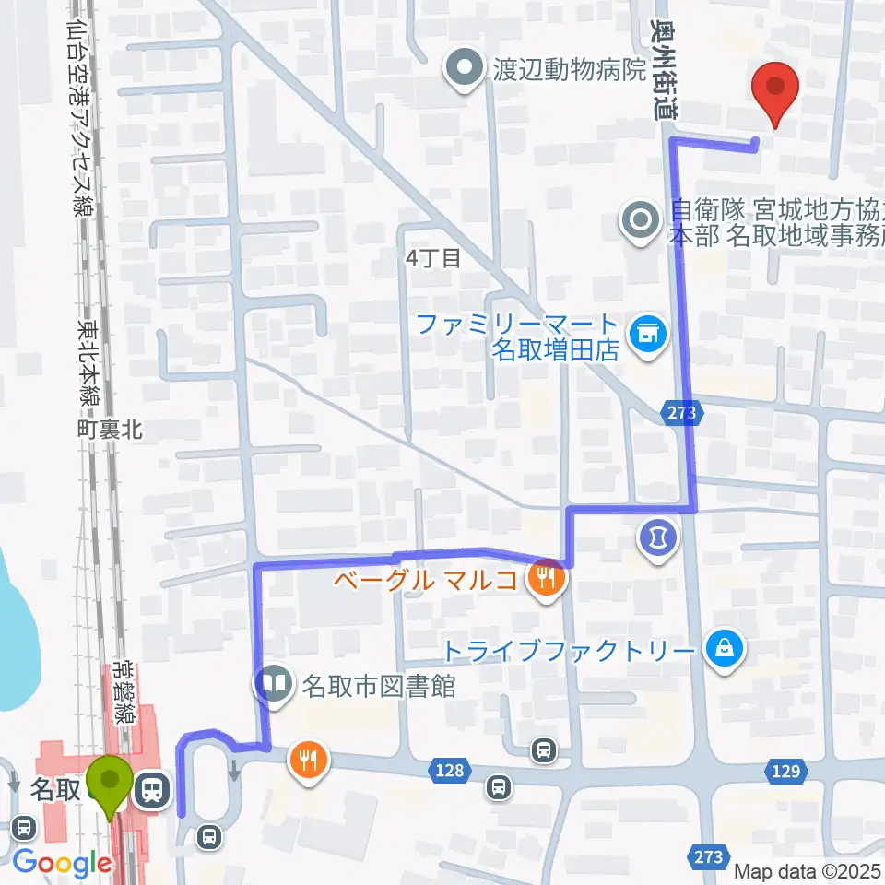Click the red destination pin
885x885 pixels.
775,89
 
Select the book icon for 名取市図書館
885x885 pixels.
273,686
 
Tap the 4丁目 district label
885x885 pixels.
432,258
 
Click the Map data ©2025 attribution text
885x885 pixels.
808,871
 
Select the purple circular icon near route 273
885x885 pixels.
658,535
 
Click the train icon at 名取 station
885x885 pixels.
149,788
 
